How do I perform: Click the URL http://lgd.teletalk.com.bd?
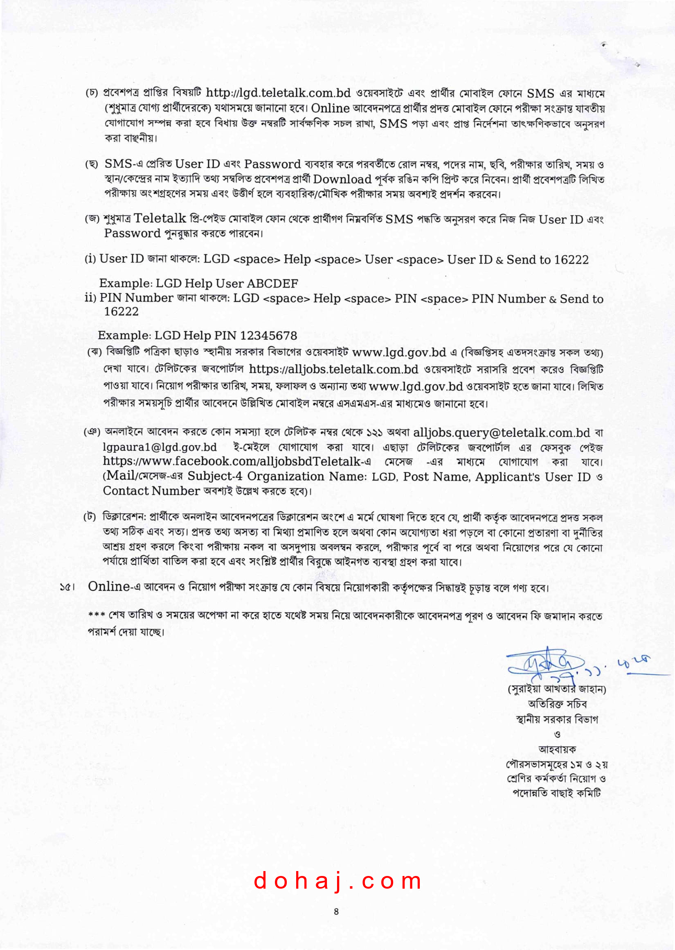(x=278, y=93)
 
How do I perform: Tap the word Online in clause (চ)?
(x=330, y=108)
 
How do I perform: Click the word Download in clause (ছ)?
(x=342, y=180)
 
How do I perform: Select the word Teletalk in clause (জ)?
(x=160, y=218)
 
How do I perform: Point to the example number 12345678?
(x=268, y=336)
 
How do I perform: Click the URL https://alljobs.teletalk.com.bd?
(x=333, y=369)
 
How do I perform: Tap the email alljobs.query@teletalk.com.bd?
(x=501, y=433)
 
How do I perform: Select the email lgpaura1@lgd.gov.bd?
(x=160, y=447)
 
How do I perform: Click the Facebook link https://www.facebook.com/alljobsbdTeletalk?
(x=232, y=461)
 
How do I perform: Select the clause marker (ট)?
(x=90, y=518)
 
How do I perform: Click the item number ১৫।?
(x=67, y=587)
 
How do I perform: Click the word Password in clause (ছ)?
(x=272, y=164)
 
